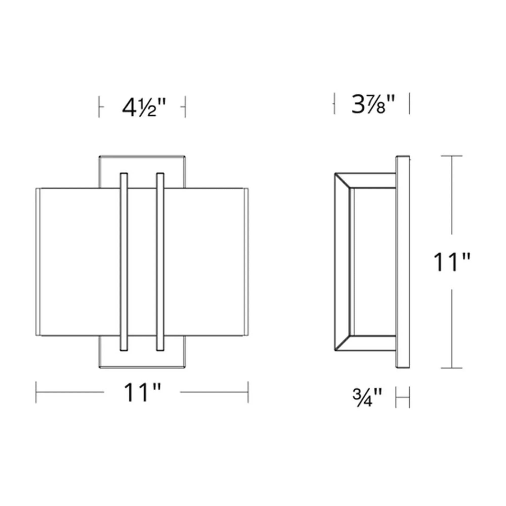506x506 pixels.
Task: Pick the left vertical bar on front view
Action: [124, 262]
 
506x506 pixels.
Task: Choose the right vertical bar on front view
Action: [160, 262]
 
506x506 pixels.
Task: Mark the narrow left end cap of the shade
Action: [38, 262]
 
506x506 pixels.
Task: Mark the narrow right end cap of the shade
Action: [246, 262]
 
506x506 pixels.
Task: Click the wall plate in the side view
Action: [403, 262]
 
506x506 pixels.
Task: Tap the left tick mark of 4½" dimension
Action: [99, 107]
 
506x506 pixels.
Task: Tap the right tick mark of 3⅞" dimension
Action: [409, 103]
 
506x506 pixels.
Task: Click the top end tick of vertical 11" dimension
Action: [452, 156]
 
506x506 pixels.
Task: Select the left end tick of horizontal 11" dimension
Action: [36, 392]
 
